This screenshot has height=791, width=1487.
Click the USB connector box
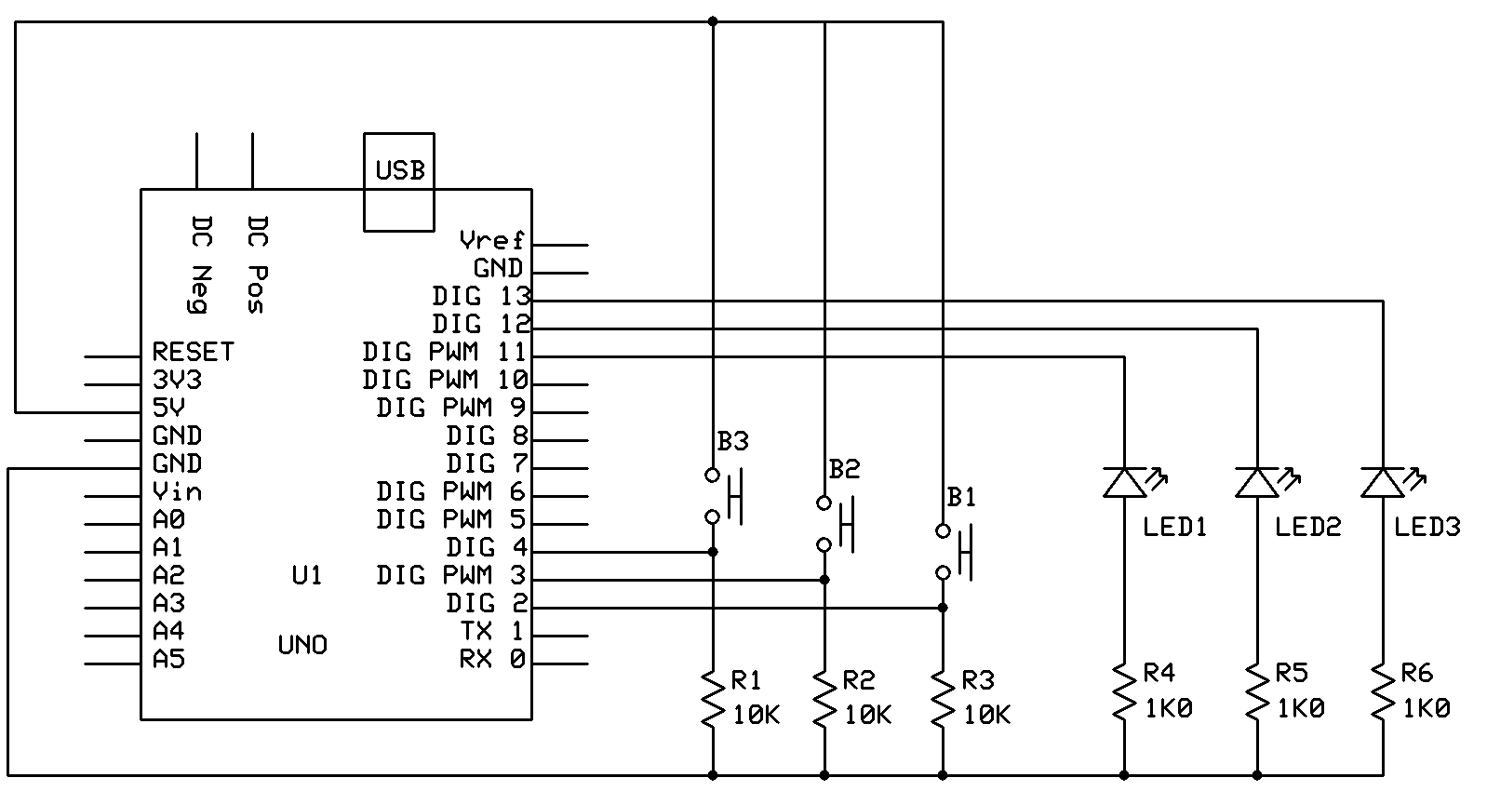(x=398, y=181)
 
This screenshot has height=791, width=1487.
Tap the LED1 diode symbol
(x=1124, y=482)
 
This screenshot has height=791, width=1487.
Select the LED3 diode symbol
(x=1382, y=482)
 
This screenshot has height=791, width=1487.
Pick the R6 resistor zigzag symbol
(x=1382, y=690)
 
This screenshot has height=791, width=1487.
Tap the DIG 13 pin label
(x=481, y=297)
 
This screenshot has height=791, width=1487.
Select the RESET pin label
(x=193, y=352)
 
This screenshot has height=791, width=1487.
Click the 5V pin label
(x=168, y=408)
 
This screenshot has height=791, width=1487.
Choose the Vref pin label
(x=492, y=241)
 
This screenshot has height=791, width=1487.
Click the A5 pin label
(x=168, y=659)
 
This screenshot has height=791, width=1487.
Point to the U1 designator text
(x=306, y=575)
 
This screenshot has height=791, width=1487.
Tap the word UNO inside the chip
(x=302, y=645)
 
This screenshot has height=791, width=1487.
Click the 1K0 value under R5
(x=1300, y=709)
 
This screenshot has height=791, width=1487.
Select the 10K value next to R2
(x=867, y=715)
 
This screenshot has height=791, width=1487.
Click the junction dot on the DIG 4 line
(x=713, y=552)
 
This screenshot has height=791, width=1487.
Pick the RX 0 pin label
(x=492, y=659)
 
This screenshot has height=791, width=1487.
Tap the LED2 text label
(x=1307, y=528)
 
